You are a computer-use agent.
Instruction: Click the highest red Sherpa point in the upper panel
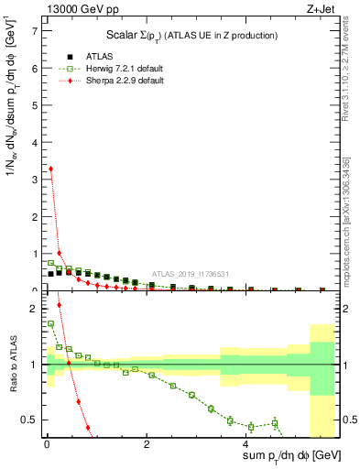click(50, 169)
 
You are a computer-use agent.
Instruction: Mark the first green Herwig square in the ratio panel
click(50, 323)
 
